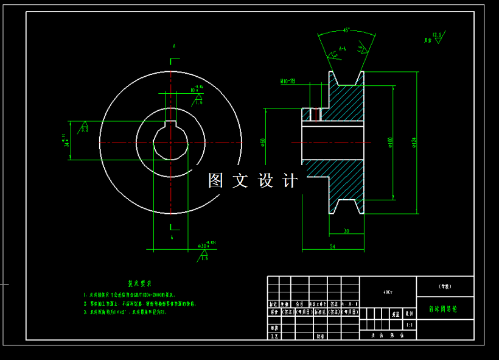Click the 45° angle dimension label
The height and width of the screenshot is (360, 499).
click(x=346, y=30)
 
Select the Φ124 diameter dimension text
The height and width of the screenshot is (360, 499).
click(x=413, y=141)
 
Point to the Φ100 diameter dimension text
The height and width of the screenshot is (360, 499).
click(x=389, y=142)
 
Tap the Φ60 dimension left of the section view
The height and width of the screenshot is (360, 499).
click(x=263, y=142)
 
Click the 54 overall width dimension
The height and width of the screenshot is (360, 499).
click(x=332, y=245)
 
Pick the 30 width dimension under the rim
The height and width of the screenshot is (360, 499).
click(x=346, y=230)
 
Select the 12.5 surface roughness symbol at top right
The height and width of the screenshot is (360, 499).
click(x=436, y=37)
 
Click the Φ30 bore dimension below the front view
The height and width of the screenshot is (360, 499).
click(x=205, y=245)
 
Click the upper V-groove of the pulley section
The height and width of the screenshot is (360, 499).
click(x=346, y=78)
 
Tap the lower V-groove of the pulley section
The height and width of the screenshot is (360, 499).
click(x=346, y=206)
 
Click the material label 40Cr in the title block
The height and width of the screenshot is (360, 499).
click(x=388, y=292)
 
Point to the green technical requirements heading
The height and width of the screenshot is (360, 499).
click(x=139, y=283)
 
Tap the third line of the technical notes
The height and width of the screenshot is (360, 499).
click(x=125, y=311)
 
